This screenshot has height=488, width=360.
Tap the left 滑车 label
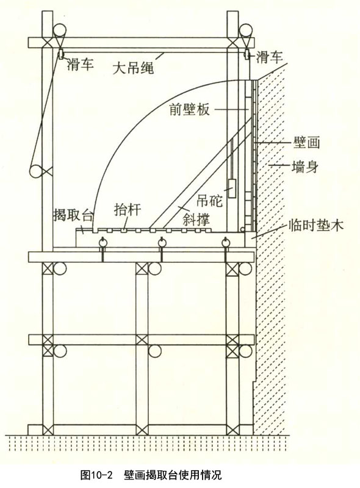pyautogui.click(x=80, y=64)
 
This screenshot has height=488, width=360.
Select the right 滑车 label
pyautogui.click(x=269, y=57)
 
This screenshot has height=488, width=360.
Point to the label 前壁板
pyautogui.click(x=189, y=110)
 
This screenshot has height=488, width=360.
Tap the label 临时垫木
pyautogui.click(x=316, y=224)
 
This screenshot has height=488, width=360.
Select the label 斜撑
pyautogui.click(x=196, y=219)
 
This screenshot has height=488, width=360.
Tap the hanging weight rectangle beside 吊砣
pyautogui.click(x=232, y=188)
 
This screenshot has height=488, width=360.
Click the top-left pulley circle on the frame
pyautogui.click(x=59, y=30)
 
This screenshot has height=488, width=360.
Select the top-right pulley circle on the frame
pyautogui.click(x=246, y=30)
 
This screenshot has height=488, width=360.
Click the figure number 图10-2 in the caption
pyautogui.click(x=96, y=475)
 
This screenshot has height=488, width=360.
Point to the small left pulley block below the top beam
pyautogui.click(x=60, y=54)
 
